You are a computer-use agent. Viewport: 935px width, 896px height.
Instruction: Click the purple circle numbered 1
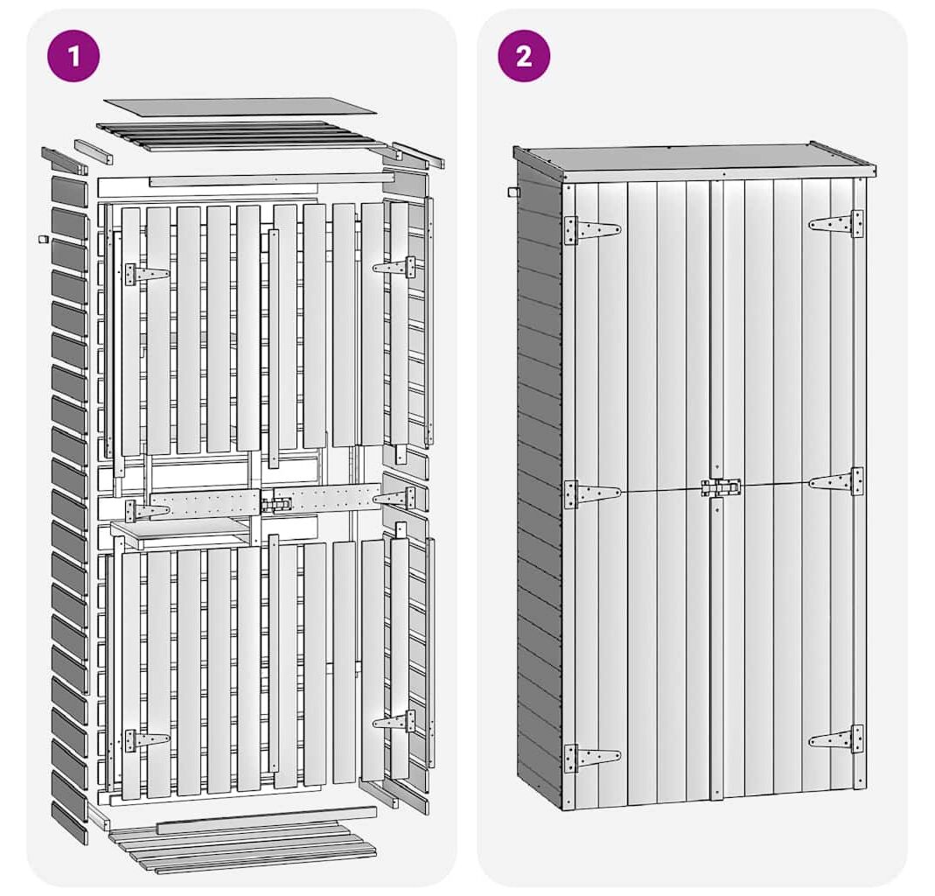pos(74,56)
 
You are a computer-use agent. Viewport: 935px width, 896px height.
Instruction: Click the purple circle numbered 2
pos(524,56)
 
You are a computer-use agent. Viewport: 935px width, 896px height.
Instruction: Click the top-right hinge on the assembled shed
pos(836,224)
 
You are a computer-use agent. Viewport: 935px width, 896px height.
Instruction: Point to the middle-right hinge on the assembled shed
pos(836,481)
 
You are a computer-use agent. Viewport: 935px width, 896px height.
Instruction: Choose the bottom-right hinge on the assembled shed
pos(836,739)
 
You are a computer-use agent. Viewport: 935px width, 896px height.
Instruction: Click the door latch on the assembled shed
pos(721,487)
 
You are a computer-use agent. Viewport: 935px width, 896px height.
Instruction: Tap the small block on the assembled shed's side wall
pos(513,192)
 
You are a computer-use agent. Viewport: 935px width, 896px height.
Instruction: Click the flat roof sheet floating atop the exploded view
pos(240,107)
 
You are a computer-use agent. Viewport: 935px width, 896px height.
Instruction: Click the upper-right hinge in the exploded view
pos(394,267)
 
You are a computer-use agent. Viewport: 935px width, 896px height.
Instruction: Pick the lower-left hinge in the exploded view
pos(147,740)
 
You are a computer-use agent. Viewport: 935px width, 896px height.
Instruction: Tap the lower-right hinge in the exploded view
pos(394,721)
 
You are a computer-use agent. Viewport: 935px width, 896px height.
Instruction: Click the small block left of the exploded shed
pos(42,239)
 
